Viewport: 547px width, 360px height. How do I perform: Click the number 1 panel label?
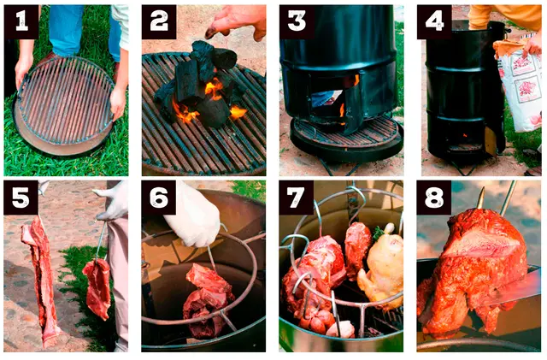tap(21, 21)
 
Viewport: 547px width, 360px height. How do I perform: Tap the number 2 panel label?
tap(159, 21)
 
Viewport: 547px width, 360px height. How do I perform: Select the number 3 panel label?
tap(297, 21)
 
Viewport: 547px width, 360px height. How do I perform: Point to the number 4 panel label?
tap(435, 21)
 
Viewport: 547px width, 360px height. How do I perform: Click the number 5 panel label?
tap(21, 198)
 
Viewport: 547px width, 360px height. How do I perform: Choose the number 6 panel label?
tap(159, 198)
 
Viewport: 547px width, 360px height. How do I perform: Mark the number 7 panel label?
tap(297, 198)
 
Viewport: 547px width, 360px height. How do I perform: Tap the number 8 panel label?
tap(434, 198)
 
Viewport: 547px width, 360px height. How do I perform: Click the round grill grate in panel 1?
tap(66, 101)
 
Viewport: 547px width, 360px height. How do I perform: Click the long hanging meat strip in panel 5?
tap(40, 280)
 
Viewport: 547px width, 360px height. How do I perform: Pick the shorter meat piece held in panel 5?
tap(98, 288)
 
